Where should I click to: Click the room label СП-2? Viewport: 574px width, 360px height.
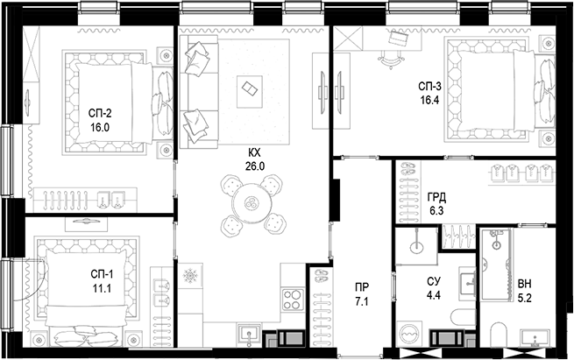[x=100, y=113]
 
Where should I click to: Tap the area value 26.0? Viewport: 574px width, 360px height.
[x=255, y=166]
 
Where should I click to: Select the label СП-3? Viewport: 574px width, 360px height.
[x=429, y=87]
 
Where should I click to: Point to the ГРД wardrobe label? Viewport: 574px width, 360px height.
[x=436, y=198]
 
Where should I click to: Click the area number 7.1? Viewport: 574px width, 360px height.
[x=362, y=302]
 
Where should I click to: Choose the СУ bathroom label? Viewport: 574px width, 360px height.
[x=434, y=281]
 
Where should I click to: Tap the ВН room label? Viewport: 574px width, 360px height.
[x=525, y=284]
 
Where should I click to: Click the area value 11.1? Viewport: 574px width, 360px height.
[x=102, y=289]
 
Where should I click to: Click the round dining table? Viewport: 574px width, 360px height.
[x=252, y=203]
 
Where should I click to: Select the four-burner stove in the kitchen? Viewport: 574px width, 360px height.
[x=293, y=300]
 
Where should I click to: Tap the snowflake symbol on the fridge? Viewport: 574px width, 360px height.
[x=190, y=275]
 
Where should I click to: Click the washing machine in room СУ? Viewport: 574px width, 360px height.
[x=409, y=334]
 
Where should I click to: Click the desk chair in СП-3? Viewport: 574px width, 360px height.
[x=391, y=60]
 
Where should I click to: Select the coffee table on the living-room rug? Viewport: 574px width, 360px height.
[x=249, y=91]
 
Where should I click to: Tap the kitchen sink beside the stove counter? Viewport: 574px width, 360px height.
[x=250, y=335]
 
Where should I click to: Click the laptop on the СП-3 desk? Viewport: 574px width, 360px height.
[x=398, y=38]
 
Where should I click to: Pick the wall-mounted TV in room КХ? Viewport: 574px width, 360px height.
[x=322, y=90]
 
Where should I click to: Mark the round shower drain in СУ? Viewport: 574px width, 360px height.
[x=416, y=247]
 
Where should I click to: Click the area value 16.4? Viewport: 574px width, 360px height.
[x=429, y=100]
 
